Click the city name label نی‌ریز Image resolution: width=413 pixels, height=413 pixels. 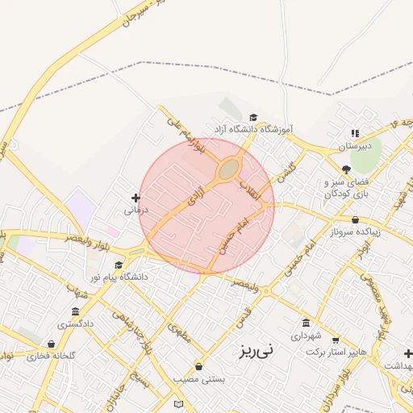pyautogui.click(x=256, y=350)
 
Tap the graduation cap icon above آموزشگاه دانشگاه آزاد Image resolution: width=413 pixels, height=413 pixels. pyautogui.click(x=252, y=118)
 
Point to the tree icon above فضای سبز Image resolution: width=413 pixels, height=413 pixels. pyautogui.click(x=346, y=169)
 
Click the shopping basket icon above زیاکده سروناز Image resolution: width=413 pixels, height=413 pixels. pyautogui.click(x=356, y=219)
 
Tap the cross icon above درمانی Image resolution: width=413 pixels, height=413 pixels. pyautogui.click(x=136, y=197)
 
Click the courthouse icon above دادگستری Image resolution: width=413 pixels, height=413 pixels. pyautogui.click(x=75, y=311)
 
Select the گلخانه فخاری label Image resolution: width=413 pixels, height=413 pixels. pyautogui.click(x=51, y=356)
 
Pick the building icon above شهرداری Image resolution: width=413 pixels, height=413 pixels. pyautogui.click(x=305, y=322)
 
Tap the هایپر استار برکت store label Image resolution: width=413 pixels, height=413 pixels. pyautogui.click(x=336, y=353)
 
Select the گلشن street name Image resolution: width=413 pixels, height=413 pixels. pyautogui.click(x=286, y=169)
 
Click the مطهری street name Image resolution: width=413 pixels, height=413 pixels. pyautogui.click(x=180, y=332)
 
